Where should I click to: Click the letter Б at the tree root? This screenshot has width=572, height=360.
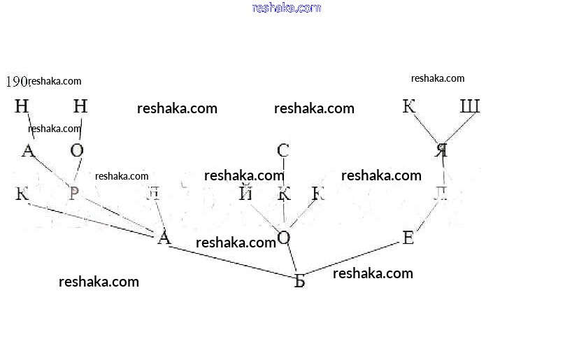point(299,281)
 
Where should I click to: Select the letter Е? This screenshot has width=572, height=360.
point(409,239)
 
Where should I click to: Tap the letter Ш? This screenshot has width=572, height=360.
point(470,107)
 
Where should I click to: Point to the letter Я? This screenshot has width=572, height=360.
point(441,150)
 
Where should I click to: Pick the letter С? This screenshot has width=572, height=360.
point(283,150)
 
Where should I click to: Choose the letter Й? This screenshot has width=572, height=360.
point(245,194)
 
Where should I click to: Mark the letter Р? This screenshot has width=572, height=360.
point(73,194)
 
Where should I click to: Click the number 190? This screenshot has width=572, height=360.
point(15,82)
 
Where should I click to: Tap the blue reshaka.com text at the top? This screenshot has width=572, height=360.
point(286,8)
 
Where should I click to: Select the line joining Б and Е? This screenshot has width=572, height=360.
point(353,260)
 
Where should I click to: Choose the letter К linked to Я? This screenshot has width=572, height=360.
point(409,107)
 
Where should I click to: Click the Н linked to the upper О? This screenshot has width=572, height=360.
point(80,107)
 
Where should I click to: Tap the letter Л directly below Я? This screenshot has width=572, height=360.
point(441,194)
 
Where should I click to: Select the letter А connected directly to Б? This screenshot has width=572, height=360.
point(164,238)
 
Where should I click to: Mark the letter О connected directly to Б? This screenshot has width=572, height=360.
point(283,238)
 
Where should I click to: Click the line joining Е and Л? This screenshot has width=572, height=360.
point(427,217)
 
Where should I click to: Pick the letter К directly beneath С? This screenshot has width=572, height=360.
point(284,194)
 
